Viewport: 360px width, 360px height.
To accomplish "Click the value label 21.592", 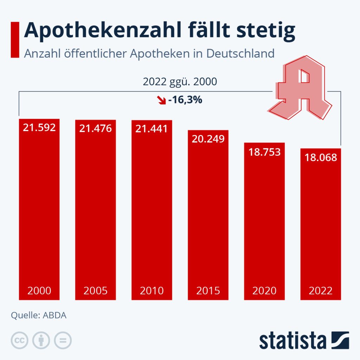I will [x=39, y=127].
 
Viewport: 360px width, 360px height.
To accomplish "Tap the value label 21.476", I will [x=95, y=128].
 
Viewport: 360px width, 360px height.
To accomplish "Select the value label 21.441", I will [x=152, y=129].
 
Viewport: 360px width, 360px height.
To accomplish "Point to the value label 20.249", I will [x=208, y=139].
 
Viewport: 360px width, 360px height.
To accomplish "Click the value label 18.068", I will [x=321, y=157].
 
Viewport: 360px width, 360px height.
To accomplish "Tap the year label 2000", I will [x=39, y=291].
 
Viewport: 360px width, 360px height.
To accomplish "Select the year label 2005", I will [x=95, y=291].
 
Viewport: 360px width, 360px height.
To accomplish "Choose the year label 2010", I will [x=152, y=291].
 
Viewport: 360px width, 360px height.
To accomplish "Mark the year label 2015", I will [x=208, y=291].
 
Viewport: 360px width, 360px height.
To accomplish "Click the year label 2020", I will [x=264, y=291].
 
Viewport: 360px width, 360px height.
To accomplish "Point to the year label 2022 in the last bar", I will [x=321, y=291].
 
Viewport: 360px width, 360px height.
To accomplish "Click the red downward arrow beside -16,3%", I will [x=162, y=100].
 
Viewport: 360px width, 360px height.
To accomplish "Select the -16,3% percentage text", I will [x=185, y=100].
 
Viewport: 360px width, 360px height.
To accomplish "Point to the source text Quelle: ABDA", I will [x=39, y=315].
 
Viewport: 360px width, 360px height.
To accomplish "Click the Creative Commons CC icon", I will [x=20, y=340].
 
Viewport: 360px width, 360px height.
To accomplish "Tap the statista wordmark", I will [x=293, y=341].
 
